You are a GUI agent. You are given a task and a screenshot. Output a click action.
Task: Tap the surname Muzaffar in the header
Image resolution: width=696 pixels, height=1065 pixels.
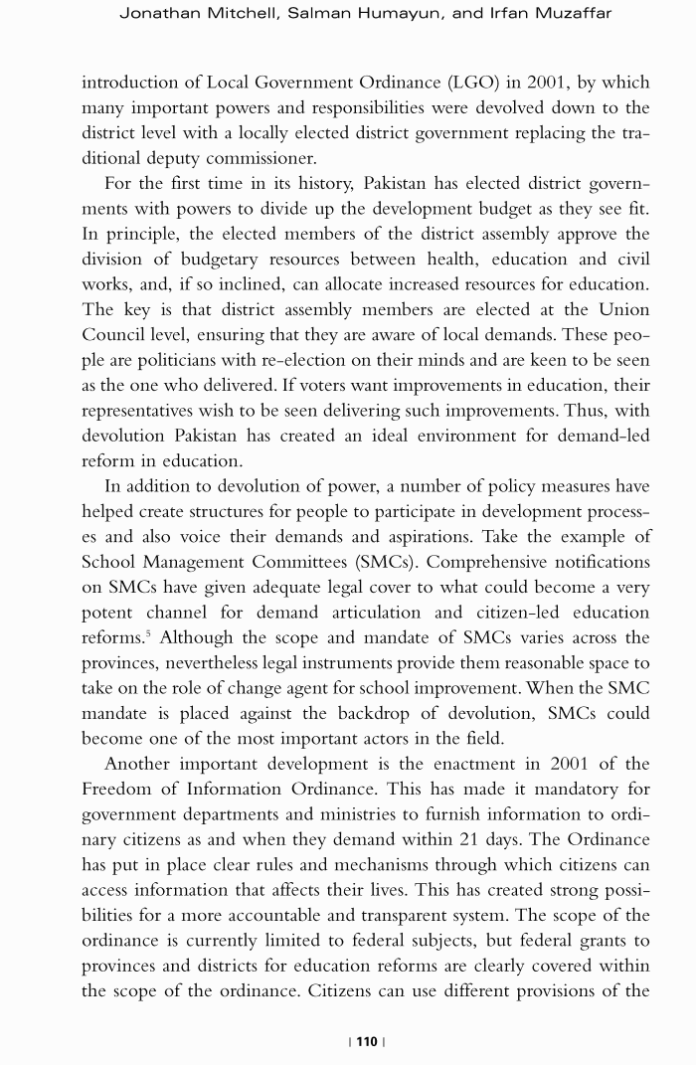coord(576,13)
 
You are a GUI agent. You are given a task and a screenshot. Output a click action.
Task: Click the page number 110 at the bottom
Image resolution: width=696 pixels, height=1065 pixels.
coord(367,1041)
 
